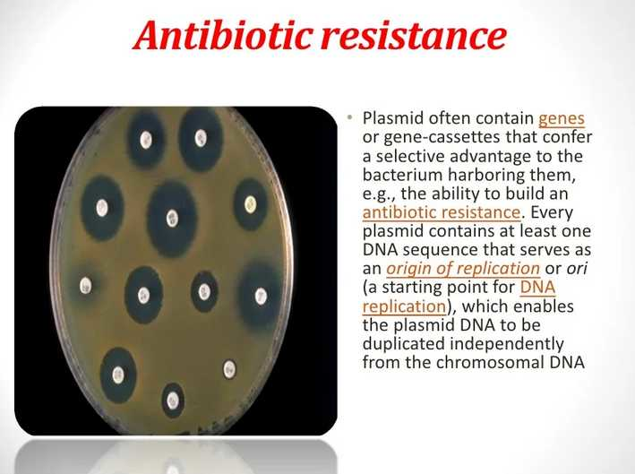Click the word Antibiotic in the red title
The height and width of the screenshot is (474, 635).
(223, 35)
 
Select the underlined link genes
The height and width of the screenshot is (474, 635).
(562, 119)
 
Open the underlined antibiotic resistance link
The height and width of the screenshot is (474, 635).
(441, 211)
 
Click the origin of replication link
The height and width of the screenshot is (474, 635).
(463, 268)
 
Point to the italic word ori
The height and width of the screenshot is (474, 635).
(577, 268)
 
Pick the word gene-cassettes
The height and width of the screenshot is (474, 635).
(442, 138)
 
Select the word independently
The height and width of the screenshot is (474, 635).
(507, 344)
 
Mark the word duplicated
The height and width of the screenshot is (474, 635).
(404, 344)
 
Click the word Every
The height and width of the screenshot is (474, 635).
(552, 212)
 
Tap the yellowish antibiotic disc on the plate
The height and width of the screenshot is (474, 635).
(250, 204)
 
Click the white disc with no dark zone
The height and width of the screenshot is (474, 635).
(229, 369)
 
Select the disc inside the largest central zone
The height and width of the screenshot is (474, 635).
(172, 218)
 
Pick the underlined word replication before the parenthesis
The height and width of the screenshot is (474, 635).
(404, 306)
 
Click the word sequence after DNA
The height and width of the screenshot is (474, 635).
(459, 250)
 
